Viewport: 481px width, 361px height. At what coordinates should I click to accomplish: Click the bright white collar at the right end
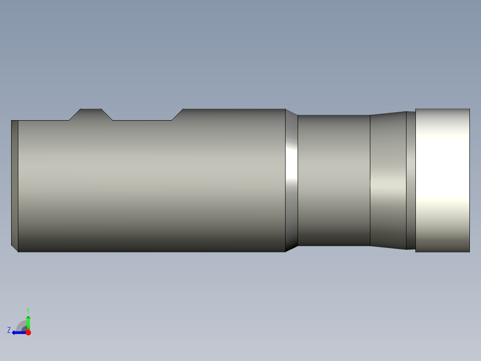tap(442, 180)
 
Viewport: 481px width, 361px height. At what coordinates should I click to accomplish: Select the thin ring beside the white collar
tap(411, 180)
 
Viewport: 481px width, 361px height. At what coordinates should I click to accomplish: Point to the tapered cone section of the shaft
tap(388, 180)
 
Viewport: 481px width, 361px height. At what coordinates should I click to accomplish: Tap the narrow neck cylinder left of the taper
tap(334, 180)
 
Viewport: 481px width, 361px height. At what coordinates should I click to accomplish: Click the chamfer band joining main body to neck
tap(291, 180)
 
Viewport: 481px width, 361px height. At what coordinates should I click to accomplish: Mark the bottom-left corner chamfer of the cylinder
tap(14, 248)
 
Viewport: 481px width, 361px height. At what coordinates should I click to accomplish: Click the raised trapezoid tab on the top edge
tap(91, 114)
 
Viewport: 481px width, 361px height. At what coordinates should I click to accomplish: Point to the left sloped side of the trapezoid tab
tap(75, 114)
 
